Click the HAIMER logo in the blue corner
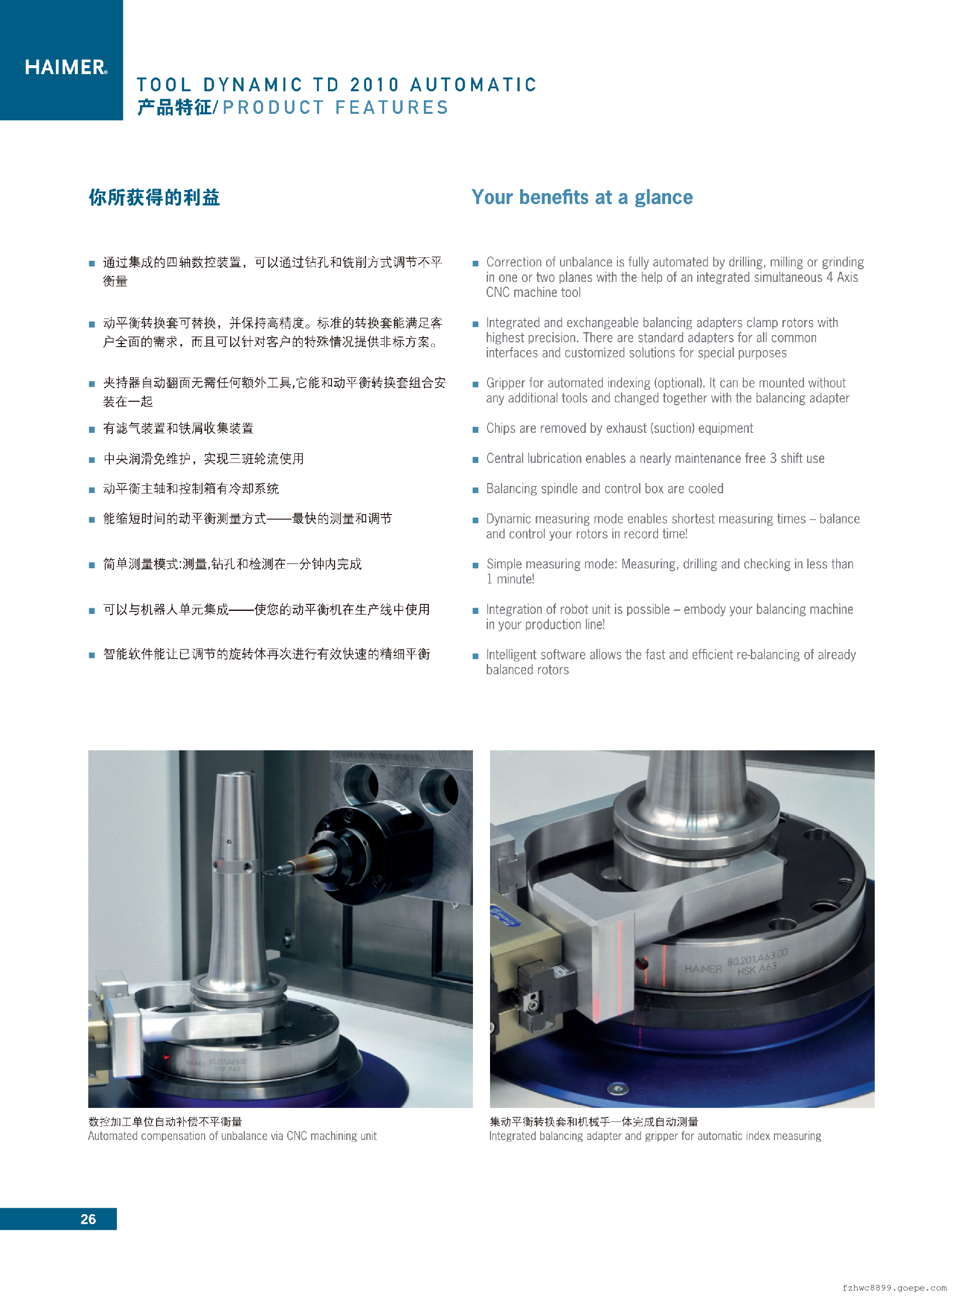(66, 67)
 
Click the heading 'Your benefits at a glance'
(582, 198)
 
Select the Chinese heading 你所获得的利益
(154, 198)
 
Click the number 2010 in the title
(374, 85)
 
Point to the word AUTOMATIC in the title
(473, 85)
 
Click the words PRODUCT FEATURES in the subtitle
(335, 108)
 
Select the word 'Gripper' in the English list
(506, 384)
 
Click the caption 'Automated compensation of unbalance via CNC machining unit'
(232, 1136)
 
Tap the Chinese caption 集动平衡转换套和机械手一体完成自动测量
(593, 1121)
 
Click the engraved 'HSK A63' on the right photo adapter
(757, 969)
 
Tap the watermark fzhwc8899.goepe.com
(894, 1287)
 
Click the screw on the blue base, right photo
(618, 1088)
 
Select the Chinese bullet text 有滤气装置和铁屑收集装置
(179, 428)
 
